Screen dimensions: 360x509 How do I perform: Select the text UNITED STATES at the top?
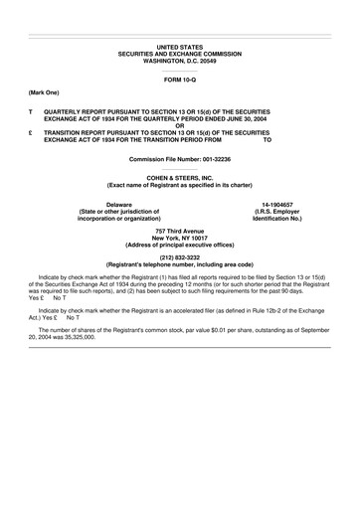(x=179, y=47)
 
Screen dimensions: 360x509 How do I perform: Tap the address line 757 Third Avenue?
(x=179, y=231)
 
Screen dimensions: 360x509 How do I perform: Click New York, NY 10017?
(x=179, y=238)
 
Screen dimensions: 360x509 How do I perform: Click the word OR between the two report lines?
(x=179, y=124)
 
